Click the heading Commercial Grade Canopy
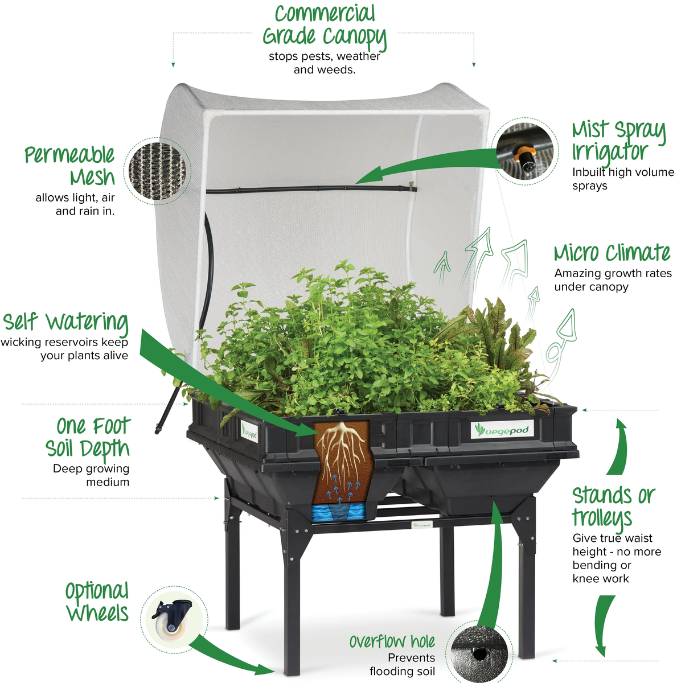coord(324,25)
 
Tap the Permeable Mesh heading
coord(69,166)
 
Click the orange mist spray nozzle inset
coord(524,151)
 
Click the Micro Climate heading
coord(612,253)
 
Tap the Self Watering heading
coord(65,322)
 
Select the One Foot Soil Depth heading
coord(88,437)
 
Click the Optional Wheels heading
coord(97,602)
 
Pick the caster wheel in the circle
coord(173,620)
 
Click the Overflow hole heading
coord(392,642)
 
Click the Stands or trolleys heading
coord(613,507)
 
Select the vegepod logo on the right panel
coord(502,430)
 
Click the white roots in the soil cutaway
coord(342,450)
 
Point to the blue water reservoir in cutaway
coord(340,512)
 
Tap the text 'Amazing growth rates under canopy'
coord(613,280)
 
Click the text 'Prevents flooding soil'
coord(402,665)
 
